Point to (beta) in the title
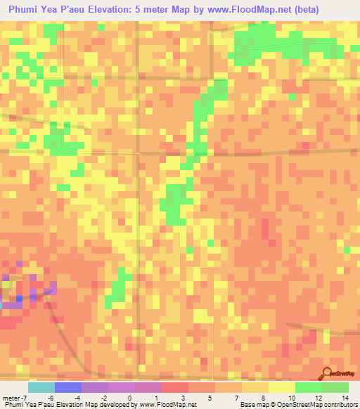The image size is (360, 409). click(304, 10)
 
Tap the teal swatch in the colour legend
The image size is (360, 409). click(41, 387)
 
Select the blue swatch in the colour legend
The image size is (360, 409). click(67, 387)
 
